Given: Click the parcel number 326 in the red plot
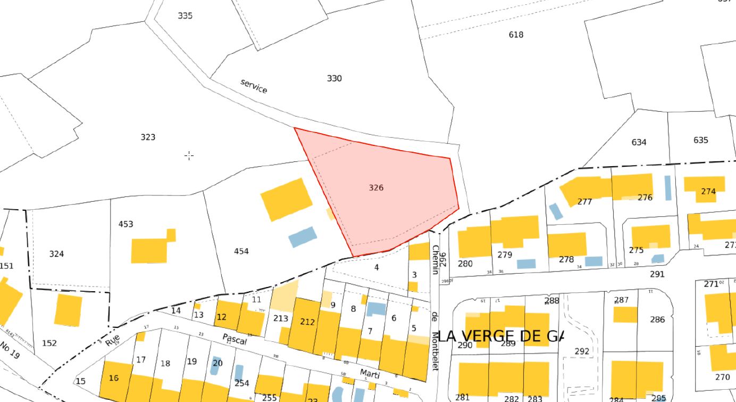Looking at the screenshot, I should coord(376,187).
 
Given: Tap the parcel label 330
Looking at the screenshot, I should coord(334,78).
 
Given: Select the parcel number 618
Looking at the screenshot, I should coord(516,35).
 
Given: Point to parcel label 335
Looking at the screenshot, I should coord(185,15).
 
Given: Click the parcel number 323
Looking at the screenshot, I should coord(148,137).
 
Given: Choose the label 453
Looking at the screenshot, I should coord(126,224).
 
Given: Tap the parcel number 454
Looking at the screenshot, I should coord(241,251).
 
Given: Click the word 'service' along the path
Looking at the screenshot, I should coord(254,86).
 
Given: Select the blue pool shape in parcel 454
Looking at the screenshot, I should coord(303,236).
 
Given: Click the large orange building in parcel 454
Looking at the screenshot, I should coord(287,199).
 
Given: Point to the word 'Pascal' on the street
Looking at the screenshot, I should coord(235,339).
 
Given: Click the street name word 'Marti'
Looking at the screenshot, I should coord(370,373).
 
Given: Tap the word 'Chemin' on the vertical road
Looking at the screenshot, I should coord(436,260).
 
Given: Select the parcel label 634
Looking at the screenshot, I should coord(639,142).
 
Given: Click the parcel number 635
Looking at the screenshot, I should coord(700,140).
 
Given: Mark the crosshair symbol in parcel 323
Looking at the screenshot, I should coord(189,155).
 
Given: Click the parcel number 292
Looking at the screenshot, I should coord(582,351).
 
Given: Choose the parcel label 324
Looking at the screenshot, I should coord(56,253).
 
